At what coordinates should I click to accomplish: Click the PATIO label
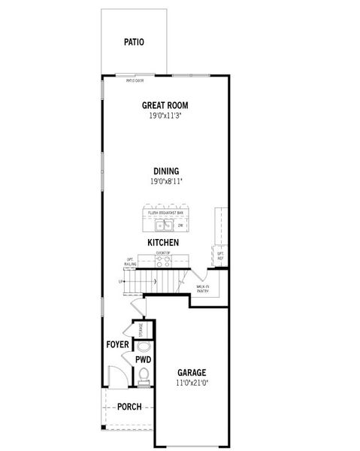[134, 42]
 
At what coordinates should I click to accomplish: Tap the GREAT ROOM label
[165, 106]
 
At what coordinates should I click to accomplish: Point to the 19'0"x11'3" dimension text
[165, 117]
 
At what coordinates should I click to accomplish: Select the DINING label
[165, 171]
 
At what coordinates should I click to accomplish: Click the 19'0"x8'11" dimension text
[165, 182]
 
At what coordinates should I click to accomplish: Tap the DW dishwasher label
[180, 224]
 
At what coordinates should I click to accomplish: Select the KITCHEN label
[162, 243]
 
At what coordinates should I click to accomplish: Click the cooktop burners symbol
[164, 261]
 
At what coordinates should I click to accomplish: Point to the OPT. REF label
[220, 256]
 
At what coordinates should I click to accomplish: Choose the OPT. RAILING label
[130, 262]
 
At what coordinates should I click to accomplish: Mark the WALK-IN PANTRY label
[202, 289]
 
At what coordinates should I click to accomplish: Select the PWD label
[144, 360]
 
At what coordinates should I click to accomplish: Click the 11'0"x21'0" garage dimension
[192, 383]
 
